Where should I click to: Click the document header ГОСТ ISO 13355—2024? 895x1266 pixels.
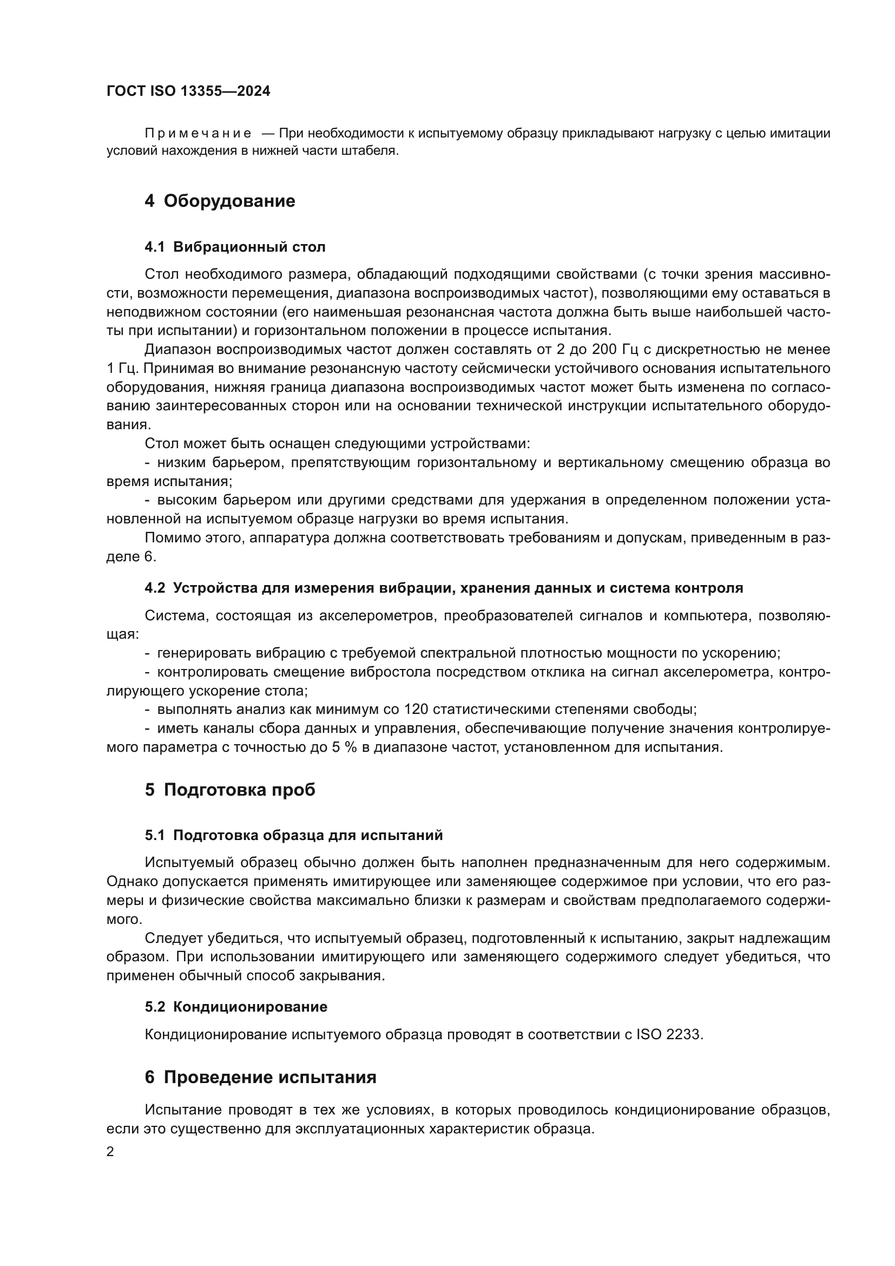pos(188,91)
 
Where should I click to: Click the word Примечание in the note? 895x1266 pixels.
pos(198,134)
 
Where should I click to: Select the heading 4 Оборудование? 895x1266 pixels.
pos(219,201)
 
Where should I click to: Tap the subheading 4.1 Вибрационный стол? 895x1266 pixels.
pos(235,247)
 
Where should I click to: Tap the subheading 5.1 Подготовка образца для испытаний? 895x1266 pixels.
pos(293,835)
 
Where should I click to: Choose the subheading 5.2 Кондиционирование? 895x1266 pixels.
pos(236,1007)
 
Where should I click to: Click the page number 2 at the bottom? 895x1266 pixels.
pos(110,1152)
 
